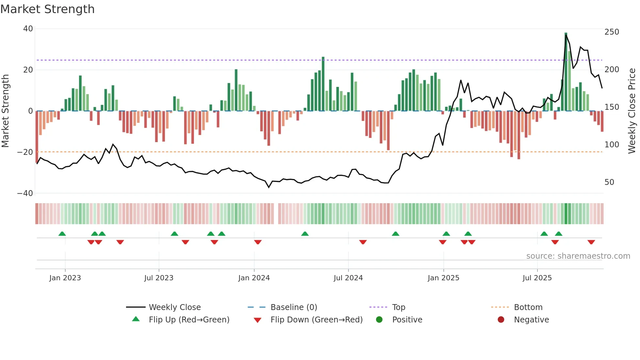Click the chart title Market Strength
pos(47,9)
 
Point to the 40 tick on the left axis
pos(28,29)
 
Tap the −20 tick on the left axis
pos(25,152)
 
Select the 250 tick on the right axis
pos(612,32)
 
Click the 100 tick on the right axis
pos(612,144)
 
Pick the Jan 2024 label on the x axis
pos(254,278)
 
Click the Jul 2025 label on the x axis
pos(537,278)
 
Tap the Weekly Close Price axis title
pos(632,111)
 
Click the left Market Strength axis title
pos(6,111)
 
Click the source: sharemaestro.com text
pos(578,256)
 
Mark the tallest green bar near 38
pos(566,72)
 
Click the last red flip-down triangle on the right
pos(591,242)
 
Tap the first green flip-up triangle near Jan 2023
pos(62,234)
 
